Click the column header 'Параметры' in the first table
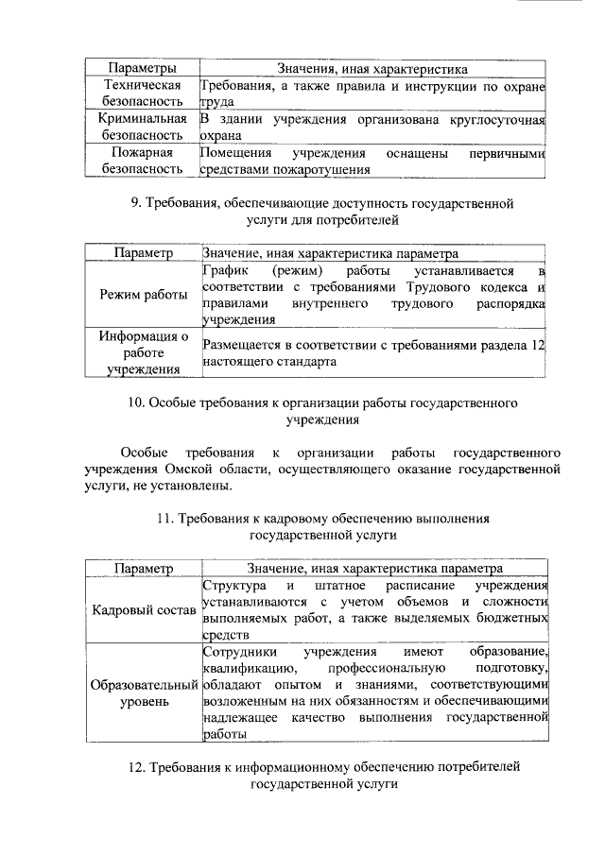142,69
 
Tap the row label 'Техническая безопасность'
142,94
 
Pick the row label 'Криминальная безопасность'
142,128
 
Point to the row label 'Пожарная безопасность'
142,161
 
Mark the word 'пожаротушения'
297,170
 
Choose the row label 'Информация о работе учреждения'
142,353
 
